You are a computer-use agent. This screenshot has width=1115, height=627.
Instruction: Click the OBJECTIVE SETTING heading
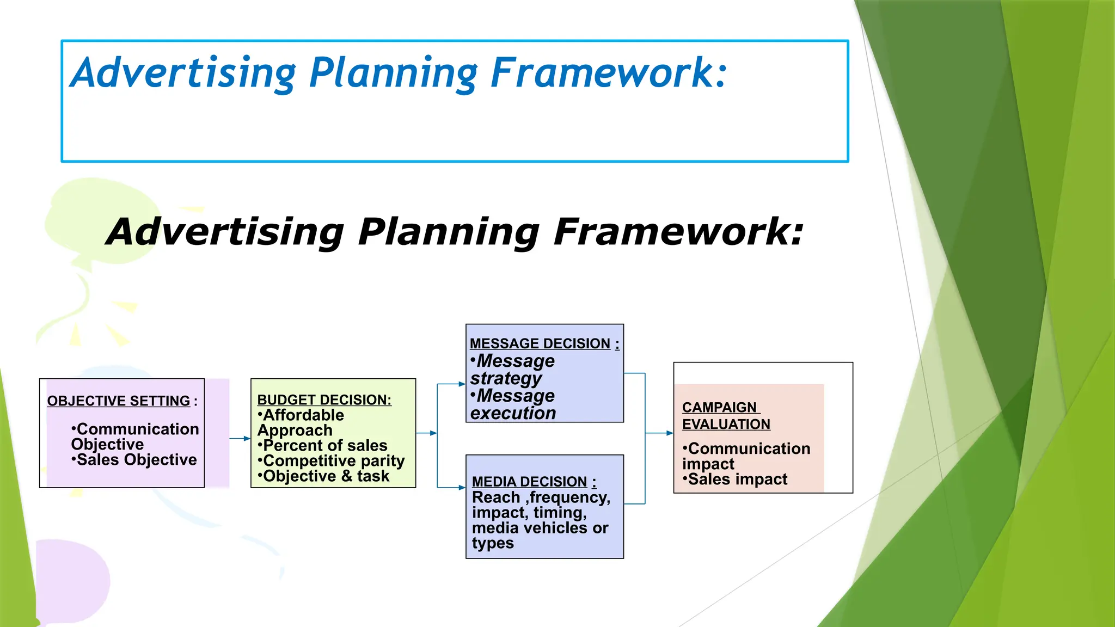(x=119, y=401)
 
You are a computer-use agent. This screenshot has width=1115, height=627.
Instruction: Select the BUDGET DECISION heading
(x=324, y=400)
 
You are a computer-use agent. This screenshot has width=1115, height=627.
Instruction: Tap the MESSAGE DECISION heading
(x=540, y=344)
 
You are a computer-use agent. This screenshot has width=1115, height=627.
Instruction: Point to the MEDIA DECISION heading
(x=530, y=482)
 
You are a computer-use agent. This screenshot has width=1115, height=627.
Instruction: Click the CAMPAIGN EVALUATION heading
(x=726, y=416)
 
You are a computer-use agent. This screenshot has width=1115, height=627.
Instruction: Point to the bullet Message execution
(x=513, y=404)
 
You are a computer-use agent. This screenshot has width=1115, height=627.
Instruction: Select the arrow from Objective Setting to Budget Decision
(x=240, y=439)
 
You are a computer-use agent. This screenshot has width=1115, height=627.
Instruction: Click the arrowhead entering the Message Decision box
(x=462, y=384)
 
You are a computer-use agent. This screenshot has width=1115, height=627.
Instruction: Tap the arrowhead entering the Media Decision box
(x=462, y=488)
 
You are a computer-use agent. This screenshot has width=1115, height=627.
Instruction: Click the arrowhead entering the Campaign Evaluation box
(x=670, y=433)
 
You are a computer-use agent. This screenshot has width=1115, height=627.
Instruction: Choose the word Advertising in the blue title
(x=183, y=73)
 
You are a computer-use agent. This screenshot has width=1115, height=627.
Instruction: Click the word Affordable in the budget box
(x=303, y=415)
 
